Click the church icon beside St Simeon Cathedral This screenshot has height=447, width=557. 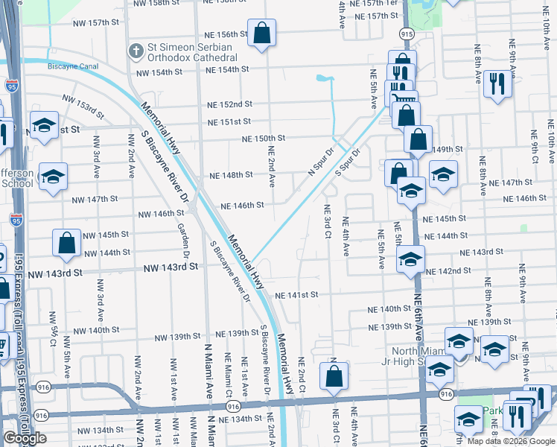[136, 51]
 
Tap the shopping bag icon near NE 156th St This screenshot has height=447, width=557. [261, 33]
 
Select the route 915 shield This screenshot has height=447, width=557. [406, 34]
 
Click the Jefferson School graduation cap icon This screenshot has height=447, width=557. [53, 177]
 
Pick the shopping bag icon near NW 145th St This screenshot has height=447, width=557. [67, 243]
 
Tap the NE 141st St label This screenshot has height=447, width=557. [296, 295]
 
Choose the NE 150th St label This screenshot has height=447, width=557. [264, 138]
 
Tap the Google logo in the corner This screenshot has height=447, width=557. [25, 438]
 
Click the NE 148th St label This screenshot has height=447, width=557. [232, 175]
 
